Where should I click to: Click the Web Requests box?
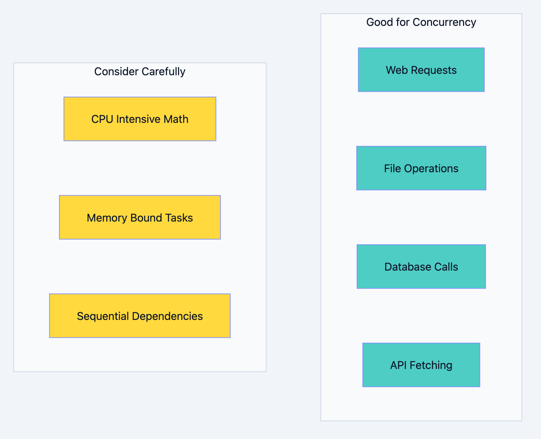pyautogui.click(x=421, y=70)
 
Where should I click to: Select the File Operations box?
pyautogui.click(x=421, y=168)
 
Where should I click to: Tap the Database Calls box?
pyautogui.click(x=421, y=266)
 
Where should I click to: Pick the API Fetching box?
pyautogui.click(x=421, y=365)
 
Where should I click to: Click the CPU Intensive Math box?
pyautogui.click(x=140, y=119)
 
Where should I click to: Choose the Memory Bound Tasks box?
pyautogui.click(x=140, y=217)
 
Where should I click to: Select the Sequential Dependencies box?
pyautogui.click(x=140, y=316)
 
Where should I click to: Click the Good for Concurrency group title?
pyautogui.click(x=421, y=22)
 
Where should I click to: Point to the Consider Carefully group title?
pyautogui.click(x=140, y=71)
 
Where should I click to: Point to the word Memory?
pyautogui.click(x=107, y=218)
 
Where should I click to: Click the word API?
pyautogui.click(x=398, y=365)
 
